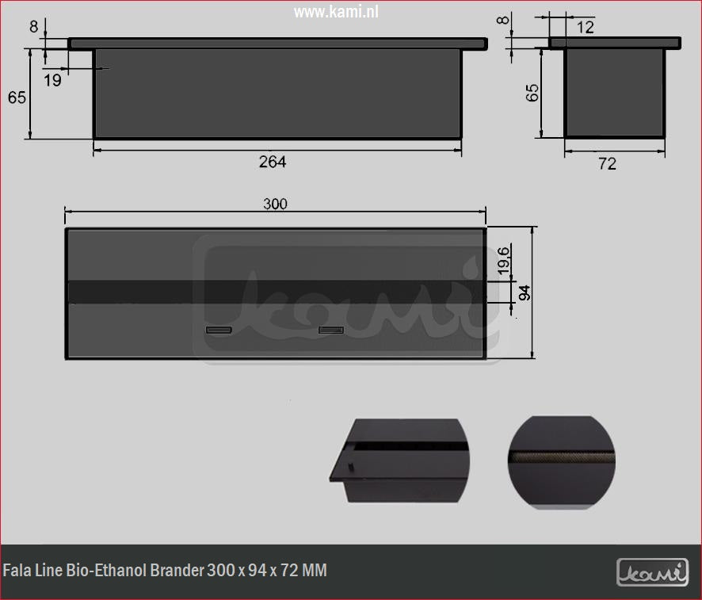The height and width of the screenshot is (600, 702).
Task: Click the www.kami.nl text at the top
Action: (336, 13)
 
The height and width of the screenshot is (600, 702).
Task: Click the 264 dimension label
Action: (272, 162)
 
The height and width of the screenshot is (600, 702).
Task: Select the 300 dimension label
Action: (275, 204)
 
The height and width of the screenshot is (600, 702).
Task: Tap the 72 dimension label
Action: (607, 164)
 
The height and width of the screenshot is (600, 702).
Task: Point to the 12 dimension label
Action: (586, 28)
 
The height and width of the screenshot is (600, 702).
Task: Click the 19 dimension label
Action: (52, 79)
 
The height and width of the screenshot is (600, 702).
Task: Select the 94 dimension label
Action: (524, 292)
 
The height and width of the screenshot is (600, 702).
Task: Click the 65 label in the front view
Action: (17, 97)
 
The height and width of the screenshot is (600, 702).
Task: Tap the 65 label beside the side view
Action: (532, 92)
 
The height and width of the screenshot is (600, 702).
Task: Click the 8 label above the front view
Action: (33, 25)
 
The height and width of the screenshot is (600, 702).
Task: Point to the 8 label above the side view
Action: (502, 19)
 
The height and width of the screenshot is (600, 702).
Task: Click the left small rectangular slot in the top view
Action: (219, 329)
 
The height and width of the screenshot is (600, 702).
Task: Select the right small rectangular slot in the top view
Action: (331, 329)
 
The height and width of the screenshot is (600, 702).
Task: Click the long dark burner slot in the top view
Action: (275, 291)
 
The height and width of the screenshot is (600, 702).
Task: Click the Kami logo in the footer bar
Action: (653, 570)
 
